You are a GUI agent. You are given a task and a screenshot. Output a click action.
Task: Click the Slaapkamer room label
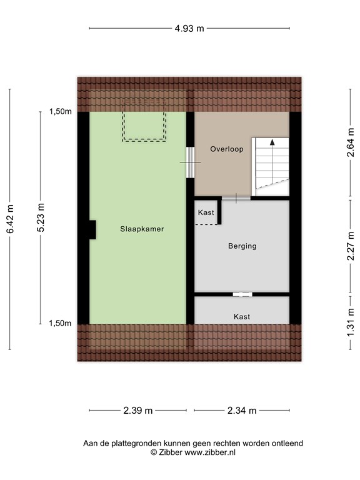tap(142, 229)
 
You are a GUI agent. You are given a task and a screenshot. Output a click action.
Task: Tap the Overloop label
tap(226, 149)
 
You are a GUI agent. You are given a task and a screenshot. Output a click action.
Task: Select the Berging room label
tap(242, 246)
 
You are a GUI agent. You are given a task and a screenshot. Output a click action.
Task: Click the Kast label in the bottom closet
tap(242, 317)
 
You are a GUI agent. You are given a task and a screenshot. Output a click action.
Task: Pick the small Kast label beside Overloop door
tap(206, 212)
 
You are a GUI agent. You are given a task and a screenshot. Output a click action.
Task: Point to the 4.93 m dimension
tap(189, 28)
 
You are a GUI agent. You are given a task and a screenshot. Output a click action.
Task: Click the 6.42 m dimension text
tap(10, 222)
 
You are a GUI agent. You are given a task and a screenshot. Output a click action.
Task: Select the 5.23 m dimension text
tap(41, 217)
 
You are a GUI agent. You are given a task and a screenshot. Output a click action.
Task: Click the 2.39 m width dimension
tap(138, 411)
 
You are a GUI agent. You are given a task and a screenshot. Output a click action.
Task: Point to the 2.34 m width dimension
tap(242, 411)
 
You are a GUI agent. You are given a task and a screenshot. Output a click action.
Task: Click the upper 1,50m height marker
tap(61, 112)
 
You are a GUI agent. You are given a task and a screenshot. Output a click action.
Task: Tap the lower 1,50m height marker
tap(61, 323)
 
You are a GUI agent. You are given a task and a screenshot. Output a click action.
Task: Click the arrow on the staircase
tap(272, 143)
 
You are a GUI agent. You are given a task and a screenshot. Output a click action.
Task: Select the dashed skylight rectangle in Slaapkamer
tap(144, 126)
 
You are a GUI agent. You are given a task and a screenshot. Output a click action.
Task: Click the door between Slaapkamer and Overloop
tap(190, 162)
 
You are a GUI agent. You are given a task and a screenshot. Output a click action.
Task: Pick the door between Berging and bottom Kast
tap(241, 294)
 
